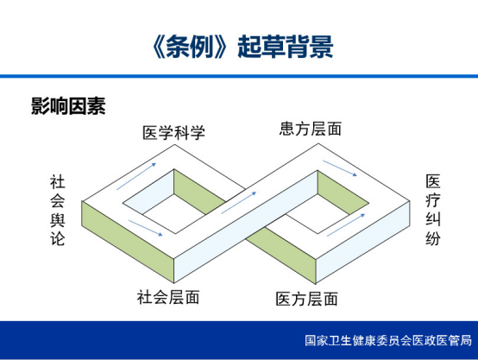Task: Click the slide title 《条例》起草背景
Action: tap(242, 47)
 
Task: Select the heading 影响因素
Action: tap(68, 106)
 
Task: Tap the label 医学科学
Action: tap(173, 133)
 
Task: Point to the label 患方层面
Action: tap(311, 129)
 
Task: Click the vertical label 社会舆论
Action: tap(58, 210)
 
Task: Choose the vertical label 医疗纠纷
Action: tap(433, 210)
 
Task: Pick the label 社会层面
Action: tap(168, 297)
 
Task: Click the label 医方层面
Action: tap(306, 299)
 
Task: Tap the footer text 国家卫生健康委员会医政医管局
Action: tap(388, 340)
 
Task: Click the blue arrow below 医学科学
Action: tap(136, 176)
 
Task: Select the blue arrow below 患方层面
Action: tap(340, 168)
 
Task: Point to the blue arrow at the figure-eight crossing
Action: tap(239, 203)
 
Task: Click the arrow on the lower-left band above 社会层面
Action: tap(146, 228)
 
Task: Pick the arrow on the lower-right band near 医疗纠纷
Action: tap(346, 225)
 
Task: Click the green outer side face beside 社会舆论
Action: tap(128, 242)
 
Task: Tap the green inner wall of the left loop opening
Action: tap(199, 192)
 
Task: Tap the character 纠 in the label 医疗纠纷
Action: tap(433, 219)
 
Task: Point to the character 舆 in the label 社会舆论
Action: tap(58, 219)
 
